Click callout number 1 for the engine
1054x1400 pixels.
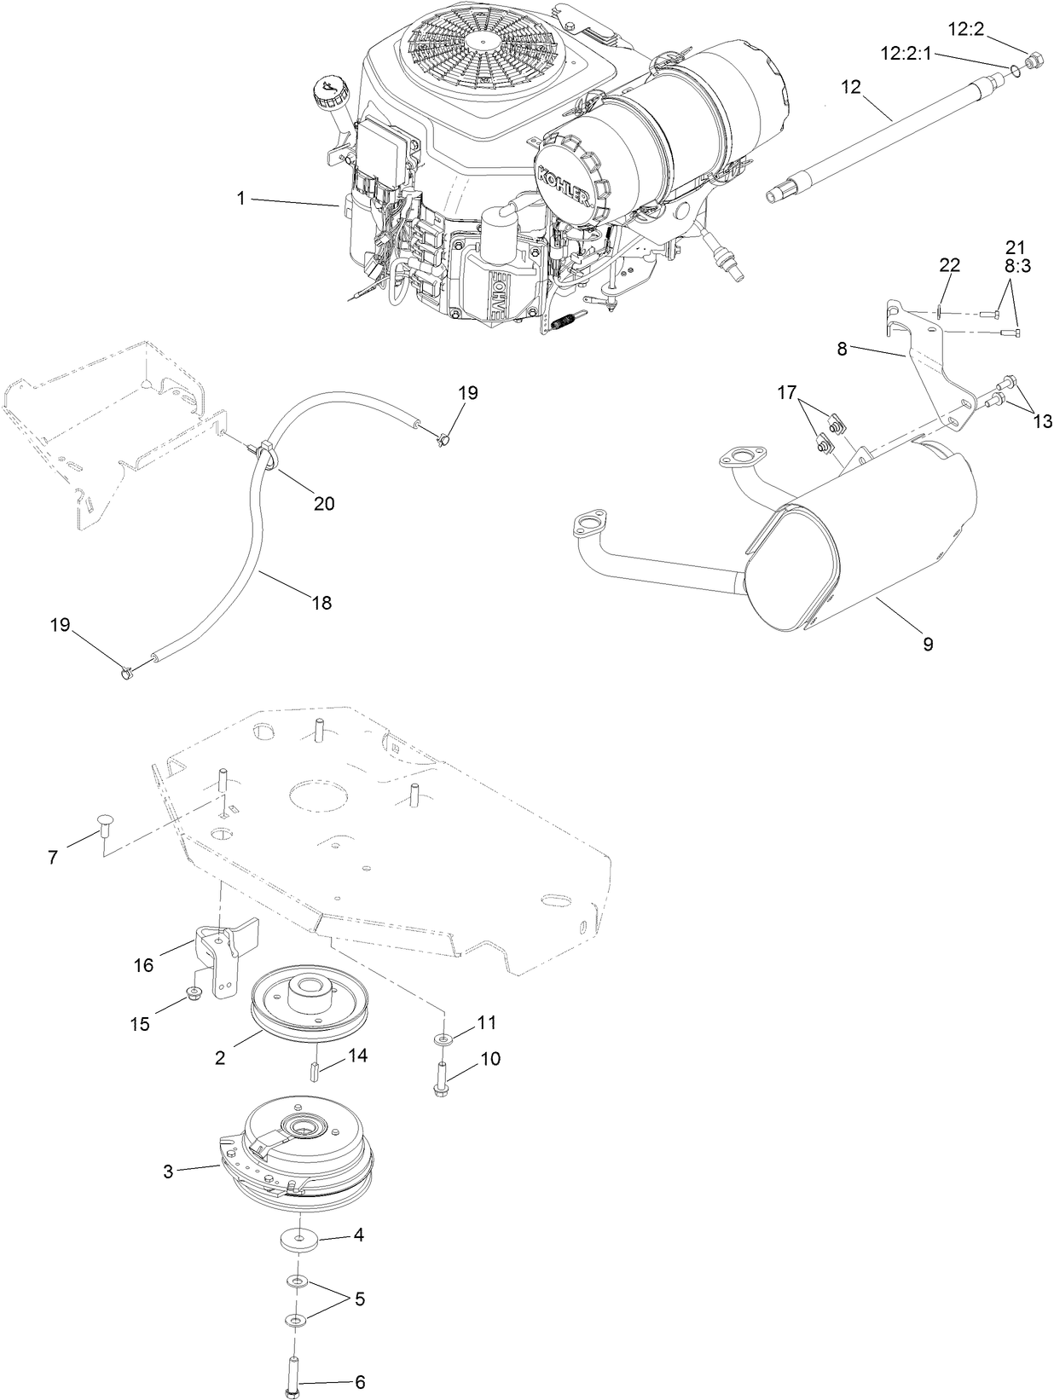pos(241,198)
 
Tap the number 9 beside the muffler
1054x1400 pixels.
pos(928,644)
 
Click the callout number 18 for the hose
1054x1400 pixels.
pos(321,603)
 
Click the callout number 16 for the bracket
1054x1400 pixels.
pos(143,964)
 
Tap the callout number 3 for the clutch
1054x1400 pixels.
pos(169,1171)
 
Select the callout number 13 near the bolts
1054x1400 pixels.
pos(1041,421)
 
